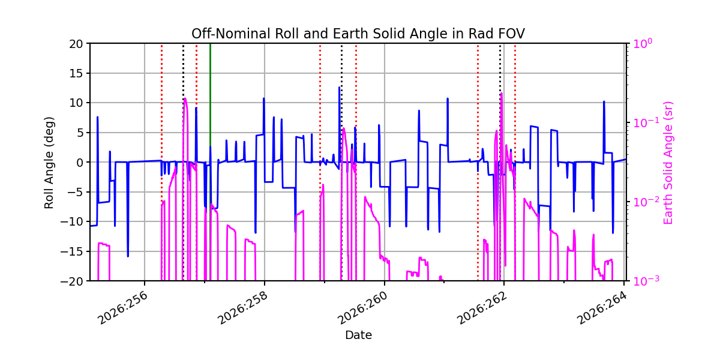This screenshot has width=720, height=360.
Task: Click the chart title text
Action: coord(358,34)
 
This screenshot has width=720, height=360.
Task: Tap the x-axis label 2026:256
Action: coord(123,308)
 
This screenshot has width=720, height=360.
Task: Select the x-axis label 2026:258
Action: coord(243,308)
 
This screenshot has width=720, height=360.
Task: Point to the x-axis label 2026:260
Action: coord(363,308)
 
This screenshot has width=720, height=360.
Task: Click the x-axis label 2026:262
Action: coord(482,308)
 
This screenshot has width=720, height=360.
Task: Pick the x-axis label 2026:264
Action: coord(602,308)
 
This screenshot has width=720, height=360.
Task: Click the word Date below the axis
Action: coord(358,335)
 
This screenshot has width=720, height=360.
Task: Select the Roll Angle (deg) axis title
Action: coord(49,163)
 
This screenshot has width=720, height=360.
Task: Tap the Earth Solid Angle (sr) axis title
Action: coord(668,163)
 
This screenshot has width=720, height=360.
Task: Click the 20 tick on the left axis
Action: coord(76,44)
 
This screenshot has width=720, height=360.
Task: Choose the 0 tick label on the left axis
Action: coord(79,163)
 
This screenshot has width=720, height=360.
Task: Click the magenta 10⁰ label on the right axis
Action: coord(643,43)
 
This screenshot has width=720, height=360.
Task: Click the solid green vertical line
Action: coord(210,162)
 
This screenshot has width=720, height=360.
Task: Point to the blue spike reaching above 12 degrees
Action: coord(339,88)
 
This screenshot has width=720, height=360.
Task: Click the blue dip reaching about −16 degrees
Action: coord(128,256)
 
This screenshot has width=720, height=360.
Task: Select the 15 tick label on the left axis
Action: coord(76,74)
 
